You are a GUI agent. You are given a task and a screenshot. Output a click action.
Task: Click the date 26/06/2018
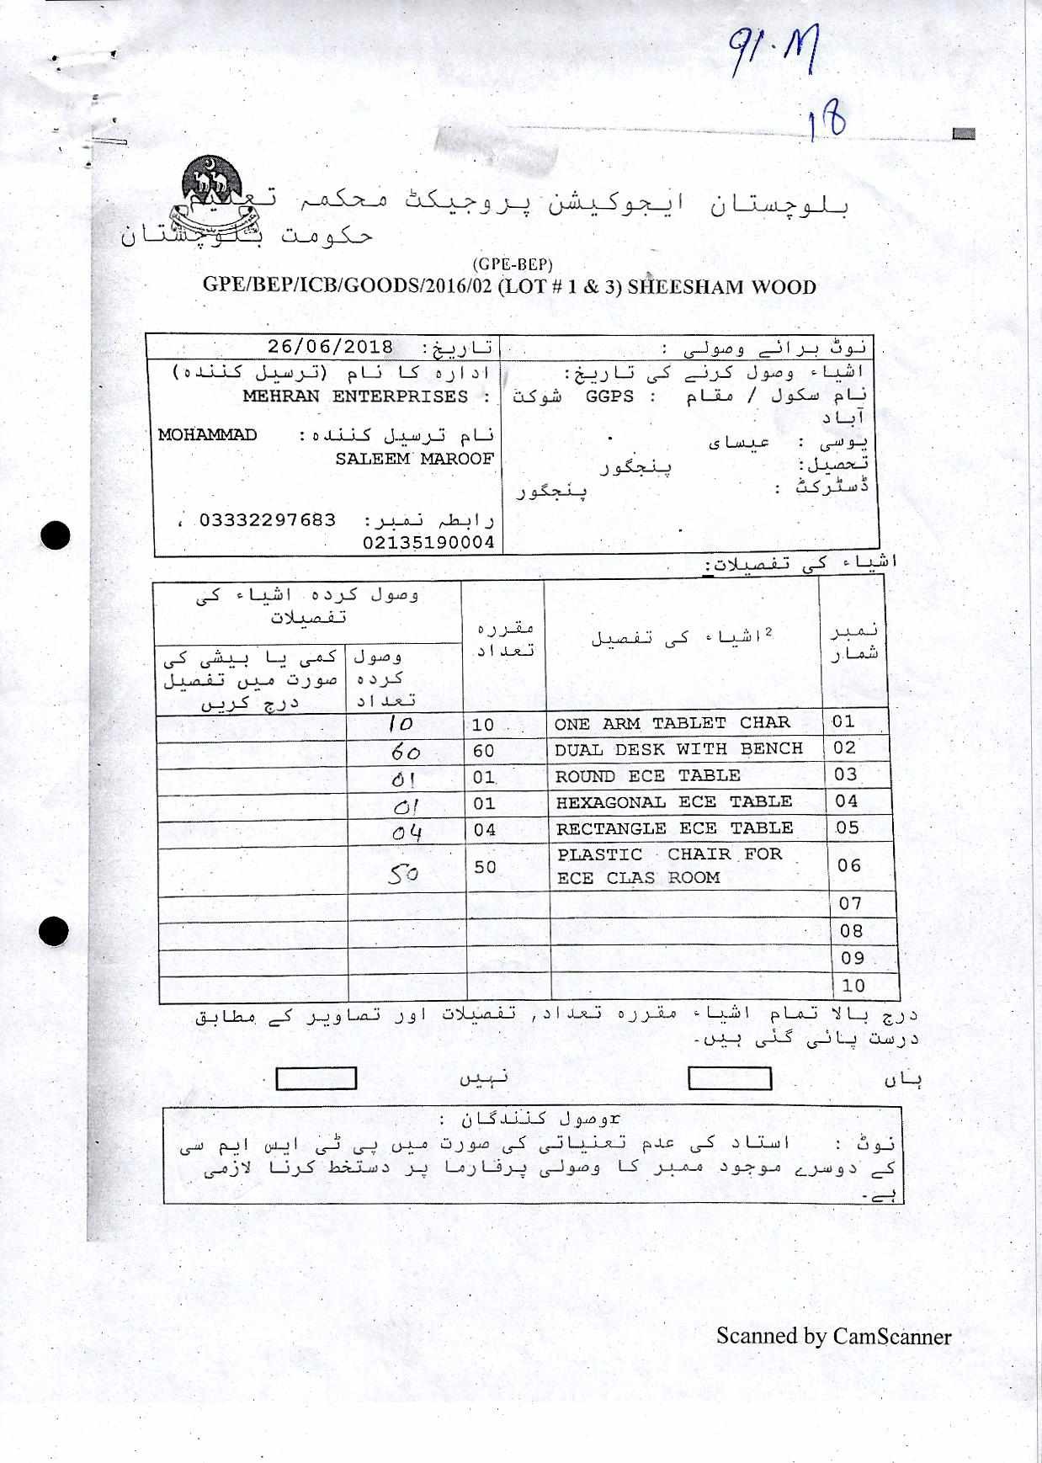(x=331, y=347)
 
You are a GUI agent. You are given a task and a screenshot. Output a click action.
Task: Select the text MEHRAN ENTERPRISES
(x=355, y=396)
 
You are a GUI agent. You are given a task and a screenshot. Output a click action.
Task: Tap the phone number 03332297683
(x=268, y=520)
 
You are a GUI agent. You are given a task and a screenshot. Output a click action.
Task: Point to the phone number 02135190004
(x=428, y=543)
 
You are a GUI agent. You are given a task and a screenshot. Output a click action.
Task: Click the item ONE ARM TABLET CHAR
(x=672, y=723)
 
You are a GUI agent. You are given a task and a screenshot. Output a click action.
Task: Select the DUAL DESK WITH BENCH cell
(x=678, y=749)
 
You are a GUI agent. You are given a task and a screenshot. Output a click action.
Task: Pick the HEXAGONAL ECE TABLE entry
(x=673, y=802)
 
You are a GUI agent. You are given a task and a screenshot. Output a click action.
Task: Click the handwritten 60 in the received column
(x=407, y=753)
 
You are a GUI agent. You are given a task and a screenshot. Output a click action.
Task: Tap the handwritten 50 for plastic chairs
(x=403, y=875)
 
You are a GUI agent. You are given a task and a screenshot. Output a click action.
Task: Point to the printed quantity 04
(x=484, y=830)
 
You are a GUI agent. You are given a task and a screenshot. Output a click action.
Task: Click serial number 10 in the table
(x=853, y=986)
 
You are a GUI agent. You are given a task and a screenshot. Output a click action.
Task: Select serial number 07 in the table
(x=851, y=904)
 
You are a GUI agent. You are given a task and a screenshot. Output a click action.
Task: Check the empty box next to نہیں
(x=316, y=1078)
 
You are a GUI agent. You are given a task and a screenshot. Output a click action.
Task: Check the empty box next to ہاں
(x=730, y=1078)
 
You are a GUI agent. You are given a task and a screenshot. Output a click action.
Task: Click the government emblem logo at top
(x=210, y=198)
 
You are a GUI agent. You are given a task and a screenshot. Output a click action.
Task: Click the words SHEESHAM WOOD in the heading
(x=722, y=287)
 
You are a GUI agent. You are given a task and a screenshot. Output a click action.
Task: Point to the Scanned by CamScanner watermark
(x=833, y=1336)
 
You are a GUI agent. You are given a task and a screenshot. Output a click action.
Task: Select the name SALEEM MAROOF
(x=414, y=459)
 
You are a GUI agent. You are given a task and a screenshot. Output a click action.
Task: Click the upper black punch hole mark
(x=56, y=535)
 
